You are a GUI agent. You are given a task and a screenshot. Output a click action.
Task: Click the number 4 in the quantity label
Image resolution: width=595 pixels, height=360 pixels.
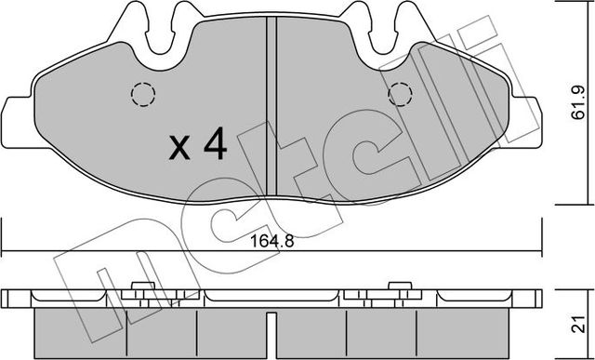[214, 146]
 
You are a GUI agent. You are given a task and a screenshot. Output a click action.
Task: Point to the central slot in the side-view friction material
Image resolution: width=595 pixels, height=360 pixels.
[271, 327]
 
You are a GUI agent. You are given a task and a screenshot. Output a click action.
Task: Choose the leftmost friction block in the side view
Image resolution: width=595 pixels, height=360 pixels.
[80, 330]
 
